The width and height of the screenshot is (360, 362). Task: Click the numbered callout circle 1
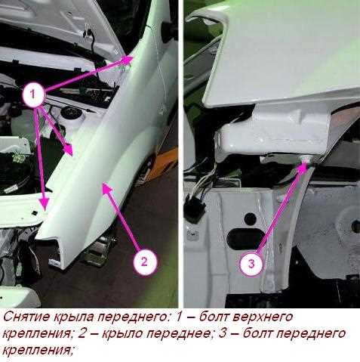pyautogui.click(x=33, y=95)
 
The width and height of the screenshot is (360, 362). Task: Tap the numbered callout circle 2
pyautogui.click(x=144, y=262)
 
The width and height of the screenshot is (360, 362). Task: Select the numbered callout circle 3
pyautogui.click(x=251, y=264)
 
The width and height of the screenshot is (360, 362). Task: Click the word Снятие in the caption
pyautogui.click(x=26, y=317)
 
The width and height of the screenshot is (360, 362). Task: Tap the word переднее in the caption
pyautogui.click(x=178, y=334)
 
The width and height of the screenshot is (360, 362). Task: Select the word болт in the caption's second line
pyautogui.click(x=258, y=333)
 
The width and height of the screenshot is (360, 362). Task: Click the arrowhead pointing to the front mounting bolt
pyautogui.click(x=304, y=167)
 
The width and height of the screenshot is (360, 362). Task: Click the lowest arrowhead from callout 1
pyautogui.click(x=45, y=202)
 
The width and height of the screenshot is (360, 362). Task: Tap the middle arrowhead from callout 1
pyautogui.click(x=68, y=150)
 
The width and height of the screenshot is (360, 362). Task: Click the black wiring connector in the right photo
pyautogui.click(x=195, y=209)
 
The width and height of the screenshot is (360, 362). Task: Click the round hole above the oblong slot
pyautogui.click(x=250, y=219)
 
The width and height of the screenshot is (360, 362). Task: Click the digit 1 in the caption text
pyautogui.click(x=178, y=317)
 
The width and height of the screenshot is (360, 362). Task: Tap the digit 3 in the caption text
pyautogui.click(x=223, y=334)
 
